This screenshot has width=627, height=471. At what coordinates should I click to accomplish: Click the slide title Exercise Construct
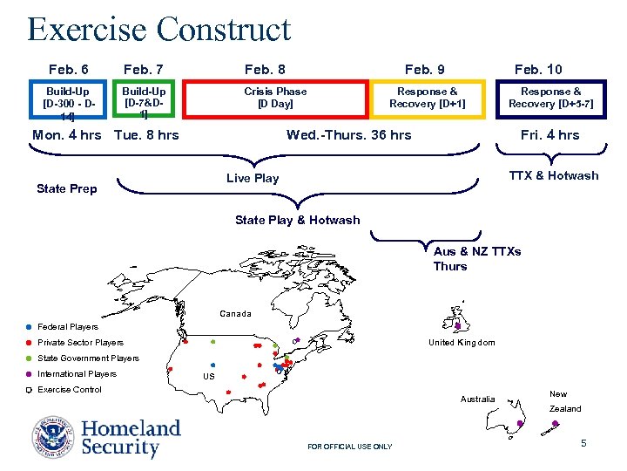158,29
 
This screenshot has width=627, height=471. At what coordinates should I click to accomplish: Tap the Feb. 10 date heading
538,69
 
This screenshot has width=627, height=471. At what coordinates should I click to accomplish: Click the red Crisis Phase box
275,98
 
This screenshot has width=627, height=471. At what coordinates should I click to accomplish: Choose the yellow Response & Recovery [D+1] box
428,98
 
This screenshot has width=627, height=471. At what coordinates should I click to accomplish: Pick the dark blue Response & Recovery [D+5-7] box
551,98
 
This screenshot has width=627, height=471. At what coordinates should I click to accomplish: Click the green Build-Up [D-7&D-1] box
145,98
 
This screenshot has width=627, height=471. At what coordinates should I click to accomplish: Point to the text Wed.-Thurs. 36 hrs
349,135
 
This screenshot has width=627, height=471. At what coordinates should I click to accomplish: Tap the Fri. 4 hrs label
549,135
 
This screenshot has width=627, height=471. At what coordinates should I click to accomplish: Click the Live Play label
253,179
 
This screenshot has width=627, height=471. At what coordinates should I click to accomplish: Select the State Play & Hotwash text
297,221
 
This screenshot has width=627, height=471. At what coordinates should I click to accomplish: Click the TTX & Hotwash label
554,176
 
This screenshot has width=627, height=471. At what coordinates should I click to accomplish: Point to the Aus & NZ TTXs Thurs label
476,259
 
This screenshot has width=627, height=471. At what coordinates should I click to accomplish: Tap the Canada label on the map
235,314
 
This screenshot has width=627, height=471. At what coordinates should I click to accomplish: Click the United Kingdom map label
462,343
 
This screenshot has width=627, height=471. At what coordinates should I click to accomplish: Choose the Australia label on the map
477,399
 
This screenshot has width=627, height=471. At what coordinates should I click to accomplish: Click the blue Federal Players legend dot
29,327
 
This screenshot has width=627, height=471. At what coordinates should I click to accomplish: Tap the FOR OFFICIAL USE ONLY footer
350,447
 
